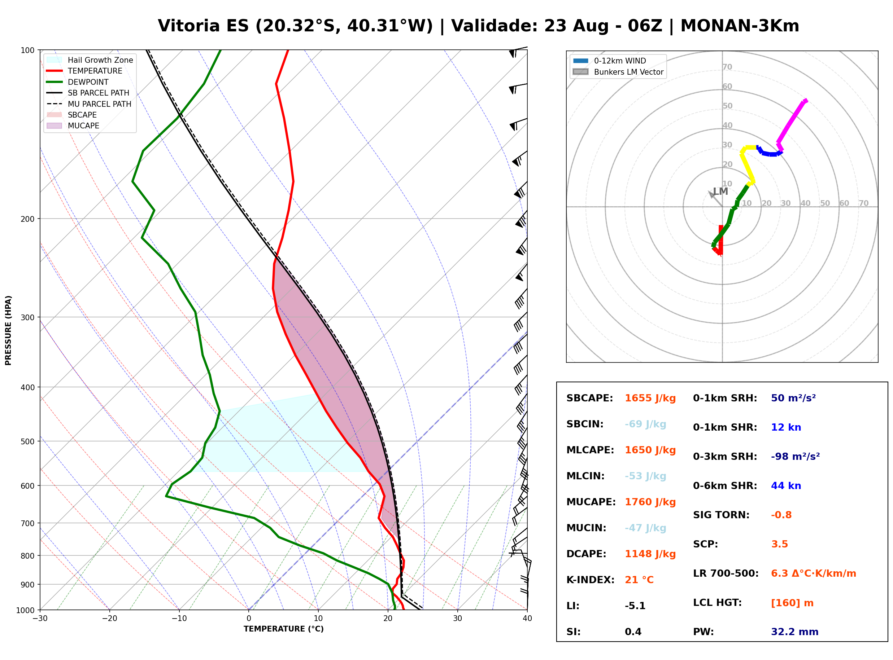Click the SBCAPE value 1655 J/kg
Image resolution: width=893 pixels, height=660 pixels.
pos(650,398)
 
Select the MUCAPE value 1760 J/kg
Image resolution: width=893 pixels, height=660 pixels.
pos(650,502)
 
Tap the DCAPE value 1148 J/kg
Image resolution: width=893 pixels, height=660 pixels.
pos(650,554)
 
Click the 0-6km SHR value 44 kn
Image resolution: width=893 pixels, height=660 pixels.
pos(786,486)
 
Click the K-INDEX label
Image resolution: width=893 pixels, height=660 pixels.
pos(591,580)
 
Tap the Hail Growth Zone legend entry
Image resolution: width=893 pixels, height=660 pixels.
pos(90,60)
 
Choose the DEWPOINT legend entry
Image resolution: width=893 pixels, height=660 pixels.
pos(78,82)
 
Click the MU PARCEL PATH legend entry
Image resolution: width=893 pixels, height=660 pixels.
pos(89,104)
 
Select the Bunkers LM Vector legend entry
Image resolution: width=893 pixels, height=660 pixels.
pos(618,72)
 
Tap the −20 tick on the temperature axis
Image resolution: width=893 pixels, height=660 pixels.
pos(109,619)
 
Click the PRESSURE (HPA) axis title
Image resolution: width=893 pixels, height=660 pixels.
pos(8,330)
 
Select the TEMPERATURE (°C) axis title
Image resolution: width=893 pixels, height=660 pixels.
pos(283,629)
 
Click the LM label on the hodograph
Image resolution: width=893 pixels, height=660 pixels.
pos(720,192)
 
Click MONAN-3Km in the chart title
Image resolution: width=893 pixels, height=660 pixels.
pos(740,26)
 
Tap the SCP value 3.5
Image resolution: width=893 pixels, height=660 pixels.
pos(779,544)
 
